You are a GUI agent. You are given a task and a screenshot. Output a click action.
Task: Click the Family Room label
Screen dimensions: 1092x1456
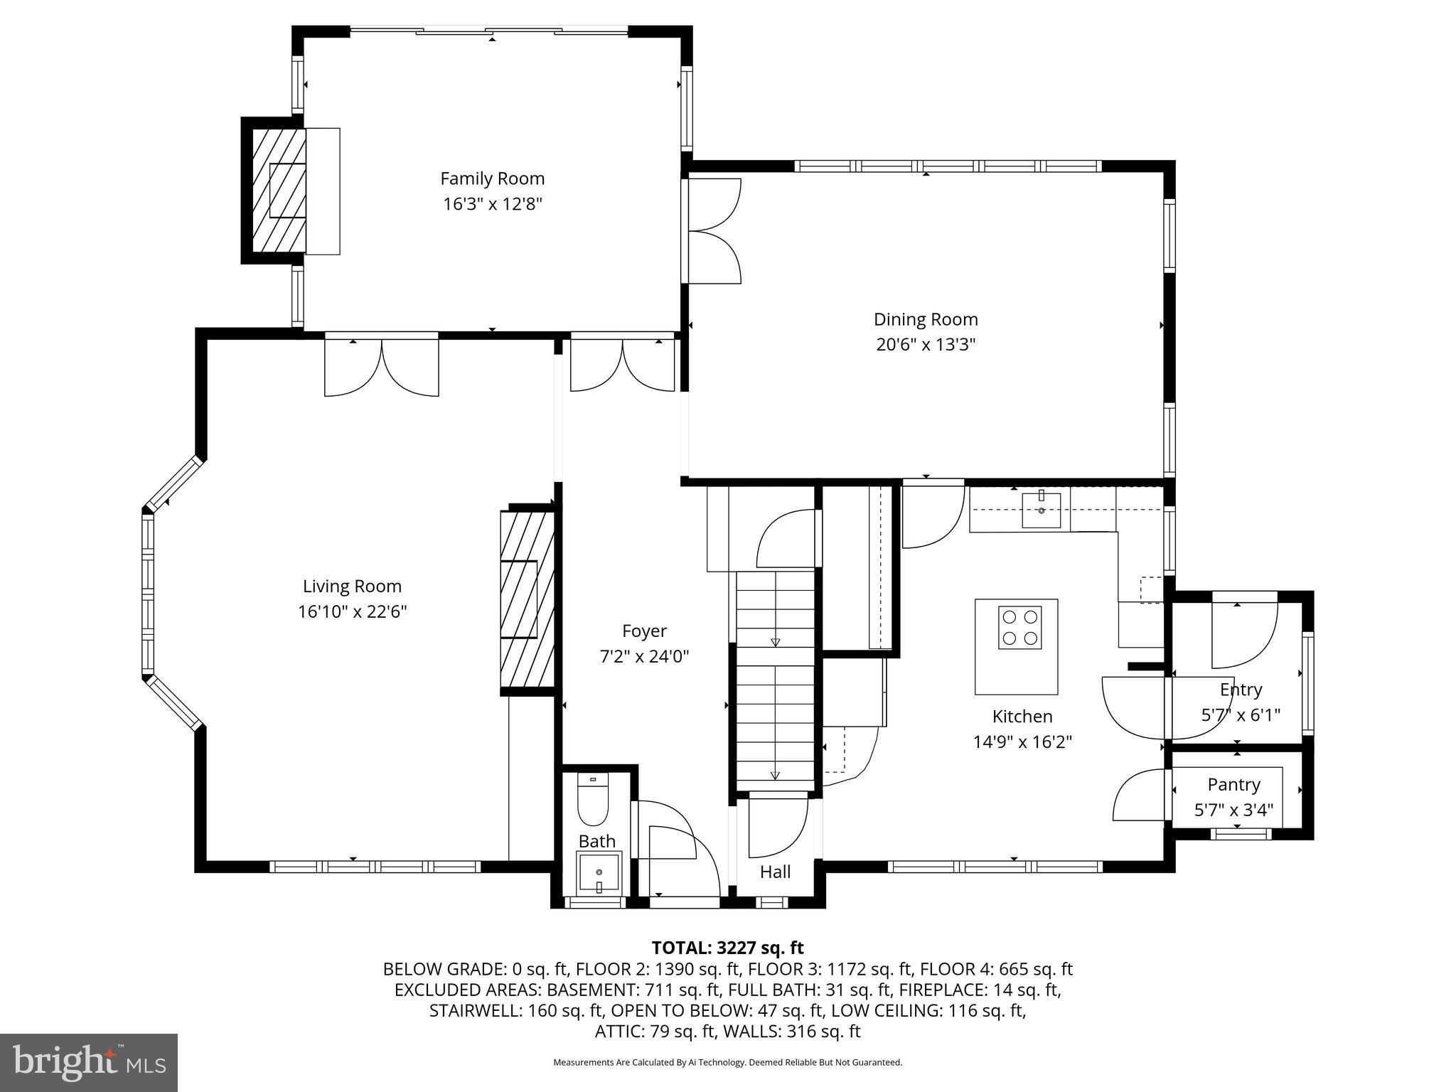pyautogui.click(x=492, y=178)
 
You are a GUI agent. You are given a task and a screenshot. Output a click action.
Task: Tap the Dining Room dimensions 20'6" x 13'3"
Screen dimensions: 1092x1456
pyautogui.click(x=925, y=345)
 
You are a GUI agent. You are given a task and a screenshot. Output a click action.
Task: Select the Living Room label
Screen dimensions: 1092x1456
pyautogui.click(x=352, y=587)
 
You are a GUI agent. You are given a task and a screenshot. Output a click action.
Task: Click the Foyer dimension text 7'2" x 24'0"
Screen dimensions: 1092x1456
pyautogui.click(x=644, y=656)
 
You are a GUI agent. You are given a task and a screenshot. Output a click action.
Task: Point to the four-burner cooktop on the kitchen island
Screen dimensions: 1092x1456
pyautogui.click(x=1019, y=626)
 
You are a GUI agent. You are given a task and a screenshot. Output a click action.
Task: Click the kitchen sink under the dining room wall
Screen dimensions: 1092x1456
pyautogui.click(x=1041, y=510)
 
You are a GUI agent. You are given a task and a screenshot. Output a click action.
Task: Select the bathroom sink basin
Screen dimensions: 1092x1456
pyautogui.click(x=599, y=872)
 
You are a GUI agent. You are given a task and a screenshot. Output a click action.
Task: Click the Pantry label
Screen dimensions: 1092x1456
pyautogui.click(x=1233, y=785)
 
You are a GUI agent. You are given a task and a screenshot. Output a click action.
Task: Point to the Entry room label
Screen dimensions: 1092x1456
pyautogui.click(x=1241, y=690)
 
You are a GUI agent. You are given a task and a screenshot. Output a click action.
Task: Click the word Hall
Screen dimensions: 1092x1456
pyautogui.click(x=775, y=872)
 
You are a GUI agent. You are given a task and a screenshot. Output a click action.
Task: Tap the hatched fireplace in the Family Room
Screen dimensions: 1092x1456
pyautogui.click(x=279, y=190)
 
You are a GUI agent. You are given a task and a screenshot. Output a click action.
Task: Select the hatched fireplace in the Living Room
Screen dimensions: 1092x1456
pyautogui.click(x=527, y=599)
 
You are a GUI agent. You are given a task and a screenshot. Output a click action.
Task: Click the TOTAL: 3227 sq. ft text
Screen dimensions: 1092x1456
pyautogui.click(x=727, y=948)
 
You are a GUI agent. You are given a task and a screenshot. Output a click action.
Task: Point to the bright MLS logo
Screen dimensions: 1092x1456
pyautogui.click(x=89, y=1063)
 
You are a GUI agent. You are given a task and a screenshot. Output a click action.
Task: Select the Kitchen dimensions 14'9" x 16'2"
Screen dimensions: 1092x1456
pyautogui.click(x=1022, y=742)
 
